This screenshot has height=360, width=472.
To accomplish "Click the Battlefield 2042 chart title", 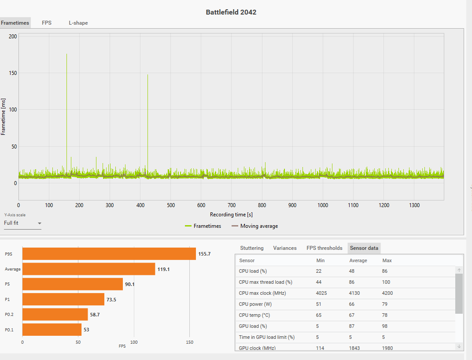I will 231,12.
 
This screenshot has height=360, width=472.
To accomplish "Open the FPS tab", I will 47,23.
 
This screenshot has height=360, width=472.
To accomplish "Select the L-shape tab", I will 78,23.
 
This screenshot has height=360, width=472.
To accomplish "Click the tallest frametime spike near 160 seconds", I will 67,88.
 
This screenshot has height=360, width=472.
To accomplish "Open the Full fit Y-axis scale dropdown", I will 22,223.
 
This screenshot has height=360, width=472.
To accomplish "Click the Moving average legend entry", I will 259,226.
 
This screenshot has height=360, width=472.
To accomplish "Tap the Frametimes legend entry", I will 207,226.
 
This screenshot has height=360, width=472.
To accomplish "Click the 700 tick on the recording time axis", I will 232,205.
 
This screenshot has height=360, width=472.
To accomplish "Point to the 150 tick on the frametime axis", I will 12,73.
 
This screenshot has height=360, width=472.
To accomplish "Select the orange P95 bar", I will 109,254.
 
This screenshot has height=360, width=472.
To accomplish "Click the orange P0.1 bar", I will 52,330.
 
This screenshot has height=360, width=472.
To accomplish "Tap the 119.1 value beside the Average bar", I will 164,269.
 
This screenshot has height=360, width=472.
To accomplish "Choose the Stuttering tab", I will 252,248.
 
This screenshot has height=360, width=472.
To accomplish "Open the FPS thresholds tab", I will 324,248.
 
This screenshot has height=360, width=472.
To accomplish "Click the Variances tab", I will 285,248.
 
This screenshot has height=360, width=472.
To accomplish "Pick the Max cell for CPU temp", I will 385,315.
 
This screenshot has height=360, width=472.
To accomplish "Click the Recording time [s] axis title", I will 231,215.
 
